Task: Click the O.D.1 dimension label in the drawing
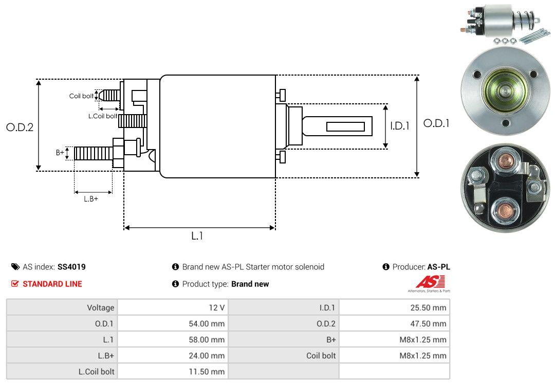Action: [x=436, y=123]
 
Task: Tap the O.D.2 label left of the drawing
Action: [x=20, y=127]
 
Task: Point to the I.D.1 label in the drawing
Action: [x=399, y=125]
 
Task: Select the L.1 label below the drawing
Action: [x=197, y=236]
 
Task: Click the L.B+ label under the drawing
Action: [x=91, y=198]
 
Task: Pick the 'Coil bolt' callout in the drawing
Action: [x=81, y=96]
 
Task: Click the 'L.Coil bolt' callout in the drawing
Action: [x=103, y=116]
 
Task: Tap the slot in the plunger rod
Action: [x=345, y=126]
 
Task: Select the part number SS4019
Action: [x=71, y=267]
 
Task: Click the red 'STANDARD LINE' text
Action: [x=52, y=284]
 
